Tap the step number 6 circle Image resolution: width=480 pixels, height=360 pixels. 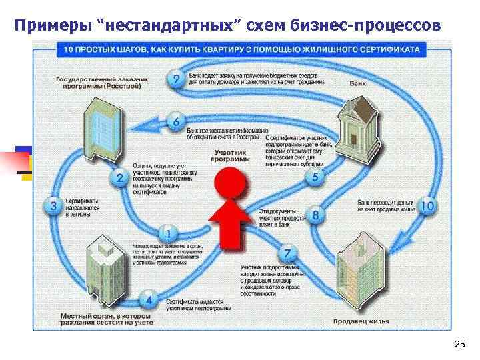click(175, 122)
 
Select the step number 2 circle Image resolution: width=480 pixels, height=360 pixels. click(119, 177)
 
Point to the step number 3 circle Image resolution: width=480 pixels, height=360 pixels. click(54, 206)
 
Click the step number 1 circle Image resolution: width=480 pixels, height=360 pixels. click(167, 234)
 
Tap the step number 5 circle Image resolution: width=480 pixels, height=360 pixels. click(315, 177)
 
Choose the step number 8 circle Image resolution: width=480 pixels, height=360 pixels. click(315, 215)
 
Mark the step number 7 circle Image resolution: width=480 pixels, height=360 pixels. click(287, 254)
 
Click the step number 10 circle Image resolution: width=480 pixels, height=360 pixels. click(427, 206)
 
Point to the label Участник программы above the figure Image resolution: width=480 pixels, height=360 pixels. click(230, 156)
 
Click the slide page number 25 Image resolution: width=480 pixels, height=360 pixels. click(459, 344)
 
